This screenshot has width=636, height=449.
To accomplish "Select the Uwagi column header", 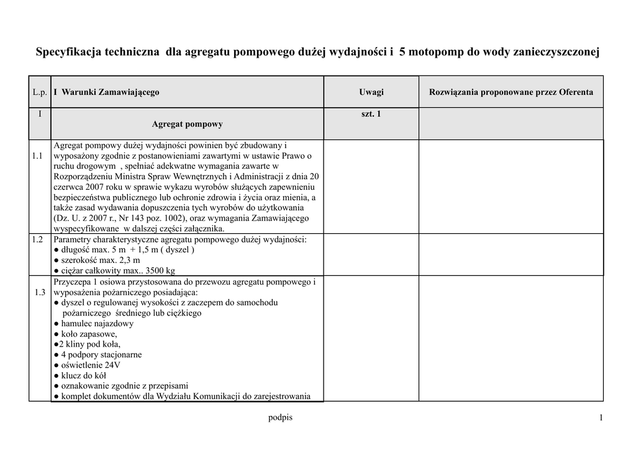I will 371,92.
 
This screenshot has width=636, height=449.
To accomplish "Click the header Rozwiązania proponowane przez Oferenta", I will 511,92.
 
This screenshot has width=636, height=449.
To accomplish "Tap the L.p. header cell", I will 40,92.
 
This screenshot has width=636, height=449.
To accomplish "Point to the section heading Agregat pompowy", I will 187,124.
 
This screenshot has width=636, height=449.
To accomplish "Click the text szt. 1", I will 371,114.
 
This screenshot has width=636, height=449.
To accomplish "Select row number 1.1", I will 37,156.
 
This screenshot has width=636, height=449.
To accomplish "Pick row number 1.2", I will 37,239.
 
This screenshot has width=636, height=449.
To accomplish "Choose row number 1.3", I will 40,292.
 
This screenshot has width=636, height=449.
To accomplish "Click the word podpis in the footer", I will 280,417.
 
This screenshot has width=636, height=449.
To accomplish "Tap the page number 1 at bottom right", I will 601,418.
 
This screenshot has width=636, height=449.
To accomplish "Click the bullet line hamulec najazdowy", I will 94,323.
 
